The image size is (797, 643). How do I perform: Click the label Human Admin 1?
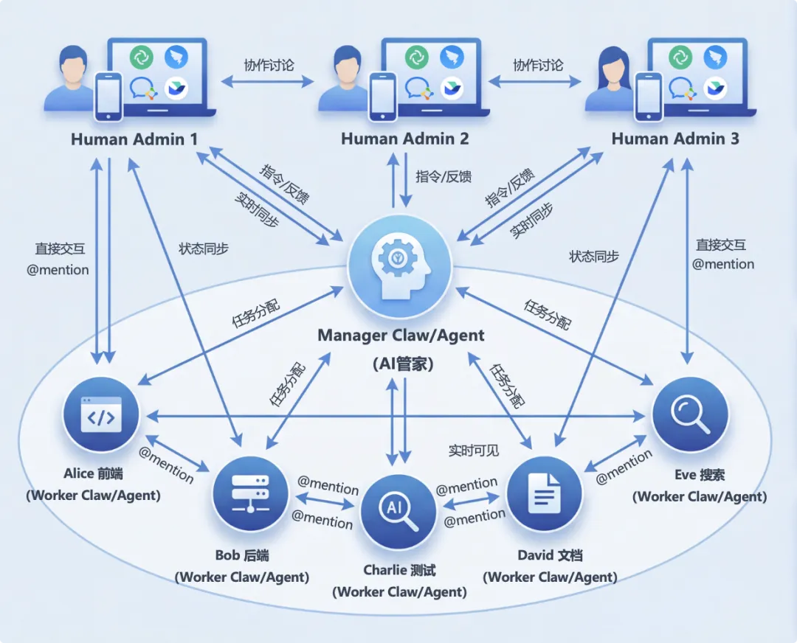click(128, 139)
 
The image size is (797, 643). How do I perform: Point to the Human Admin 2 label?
click(404, 139)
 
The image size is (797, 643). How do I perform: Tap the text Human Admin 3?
click(675, 139)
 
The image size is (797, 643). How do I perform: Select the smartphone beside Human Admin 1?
click(108, 96)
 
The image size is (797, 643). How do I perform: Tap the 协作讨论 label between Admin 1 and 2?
click(269, 65)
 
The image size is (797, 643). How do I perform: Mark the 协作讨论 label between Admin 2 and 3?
click(538, 65)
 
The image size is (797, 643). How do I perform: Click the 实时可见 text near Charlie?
click(474, 450)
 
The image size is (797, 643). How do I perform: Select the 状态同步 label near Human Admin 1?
click(204, 248)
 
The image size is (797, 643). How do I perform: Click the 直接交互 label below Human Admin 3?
click(721, 245)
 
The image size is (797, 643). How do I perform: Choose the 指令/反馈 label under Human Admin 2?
click(444, 176)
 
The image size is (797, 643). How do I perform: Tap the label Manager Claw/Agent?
click(401, 336)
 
